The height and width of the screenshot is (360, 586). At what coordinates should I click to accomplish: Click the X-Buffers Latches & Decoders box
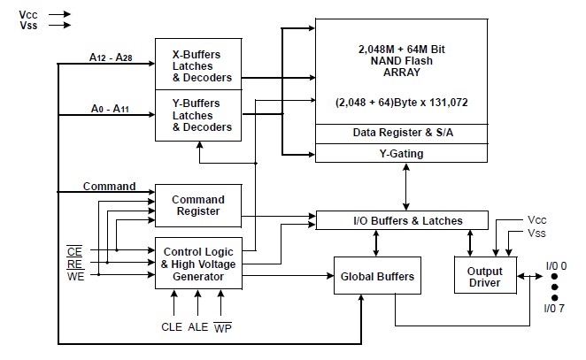coord(201,64)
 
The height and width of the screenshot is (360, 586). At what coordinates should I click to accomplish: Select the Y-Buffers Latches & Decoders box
coord(201,114)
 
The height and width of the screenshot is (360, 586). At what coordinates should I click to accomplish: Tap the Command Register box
coord(197,205)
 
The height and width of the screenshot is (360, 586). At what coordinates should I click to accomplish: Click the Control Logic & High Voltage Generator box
coord(197,264)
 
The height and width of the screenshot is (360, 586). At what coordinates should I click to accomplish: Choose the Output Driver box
coord(484,277)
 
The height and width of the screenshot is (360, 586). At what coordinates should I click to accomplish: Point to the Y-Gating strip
coord(401,153)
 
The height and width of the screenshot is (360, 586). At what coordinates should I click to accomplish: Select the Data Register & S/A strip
coord(401,132)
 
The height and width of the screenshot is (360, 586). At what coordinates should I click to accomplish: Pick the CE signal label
coord(75,249)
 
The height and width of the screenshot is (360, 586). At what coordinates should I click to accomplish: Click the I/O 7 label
coord(554,310)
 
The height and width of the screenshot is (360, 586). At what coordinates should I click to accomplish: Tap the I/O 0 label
coord(555,265)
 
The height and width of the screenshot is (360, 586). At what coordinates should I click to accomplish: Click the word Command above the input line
coord(109,187)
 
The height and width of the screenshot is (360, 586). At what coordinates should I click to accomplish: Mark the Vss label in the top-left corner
coord(27,26)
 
